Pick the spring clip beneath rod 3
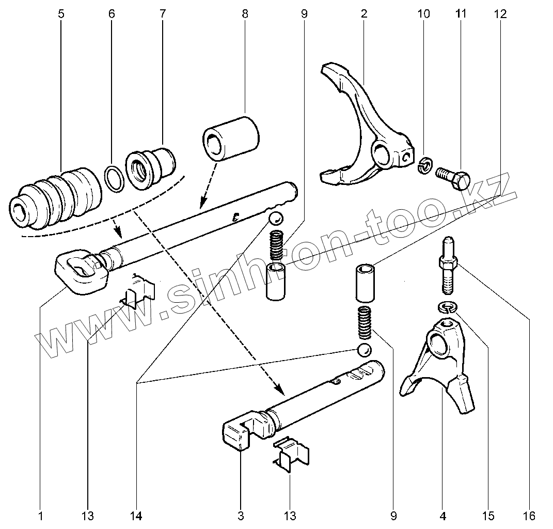[x=291, y=454]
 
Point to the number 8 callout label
[x=245, y=13]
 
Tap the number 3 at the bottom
[x=241, y=516]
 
